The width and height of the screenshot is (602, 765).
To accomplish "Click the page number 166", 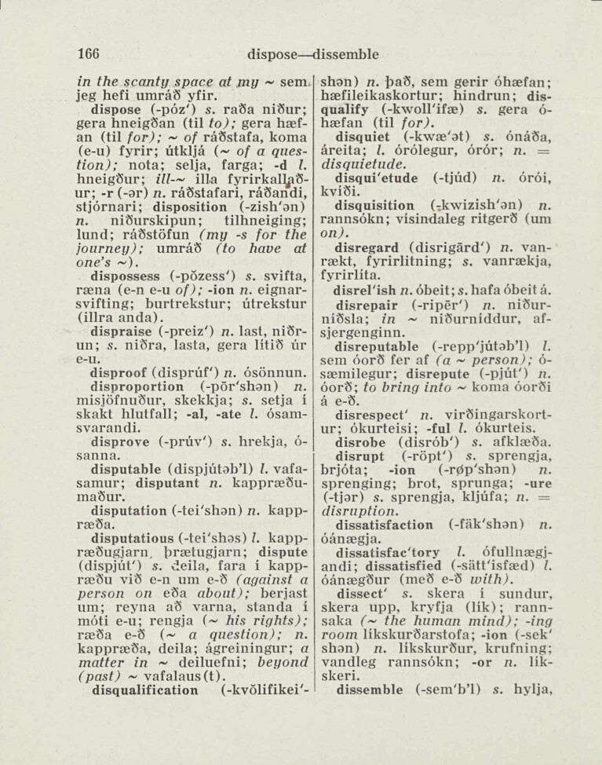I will (x=88, y=54).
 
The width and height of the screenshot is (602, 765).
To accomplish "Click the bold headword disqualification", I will (x=145, y=690).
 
